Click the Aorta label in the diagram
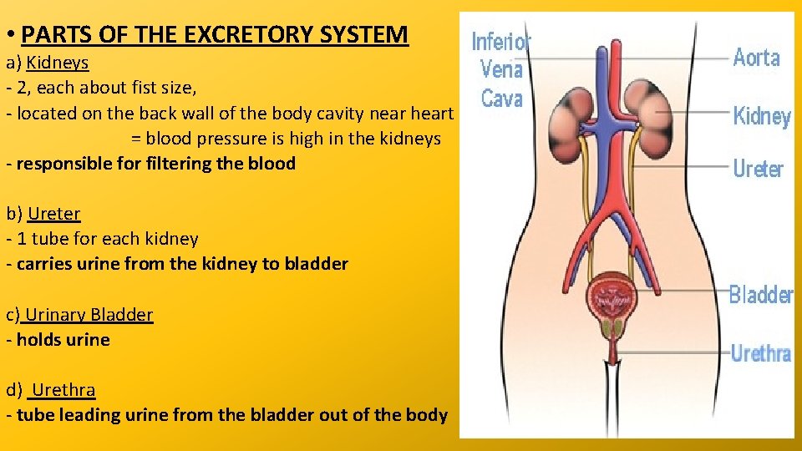(x=756, y=58)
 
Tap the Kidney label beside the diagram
(x=761, y=116)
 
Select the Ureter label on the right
(x=758, y=168)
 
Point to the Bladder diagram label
(x=760, y=294)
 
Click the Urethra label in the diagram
(x=760, y=353)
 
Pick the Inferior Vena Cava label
(x=501, y=69)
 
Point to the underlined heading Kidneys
(x=58, y=62)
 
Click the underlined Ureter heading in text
(x=54, y=213)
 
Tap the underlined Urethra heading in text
(x=63, y=389)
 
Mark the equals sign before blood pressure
(x=136, y=139)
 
